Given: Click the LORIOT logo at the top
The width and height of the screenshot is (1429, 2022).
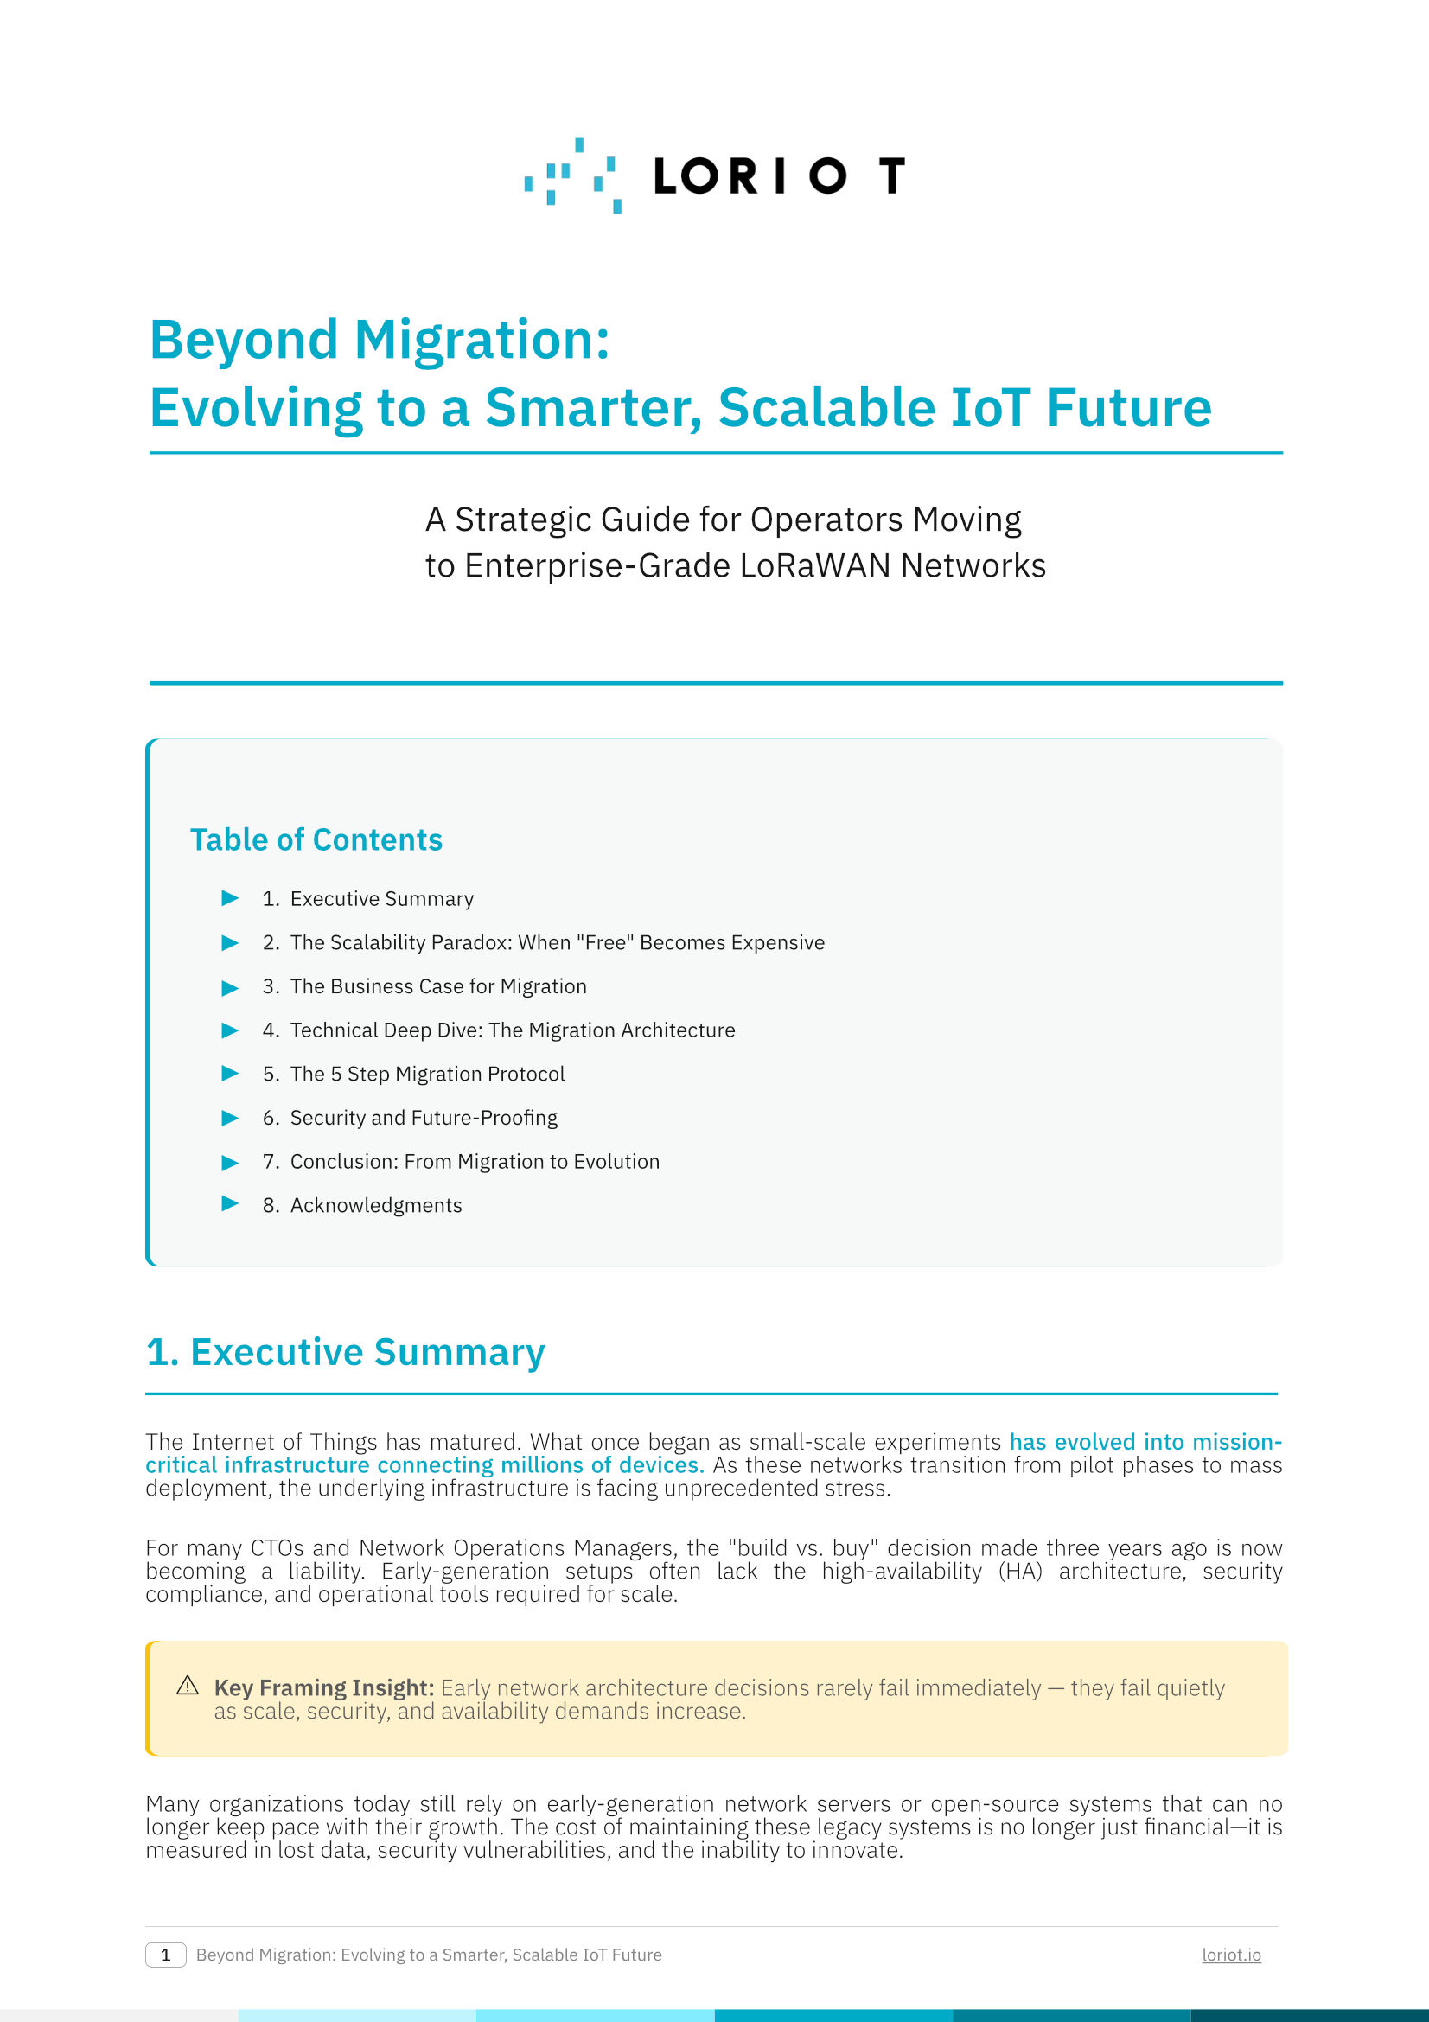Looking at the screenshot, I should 714,175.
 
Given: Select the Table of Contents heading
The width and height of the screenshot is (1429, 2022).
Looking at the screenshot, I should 316,840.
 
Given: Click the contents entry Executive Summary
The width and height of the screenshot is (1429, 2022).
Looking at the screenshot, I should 381,899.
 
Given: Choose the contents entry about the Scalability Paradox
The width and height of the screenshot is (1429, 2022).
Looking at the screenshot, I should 557,943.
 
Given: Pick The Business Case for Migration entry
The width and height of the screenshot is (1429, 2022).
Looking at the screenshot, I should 437,987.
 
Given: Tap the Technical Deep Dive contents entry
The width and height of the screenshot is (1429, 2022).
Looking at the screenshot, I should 512,1030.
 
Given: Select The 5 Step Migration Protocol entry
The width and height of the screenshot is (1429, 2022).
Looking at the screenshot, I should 427,1075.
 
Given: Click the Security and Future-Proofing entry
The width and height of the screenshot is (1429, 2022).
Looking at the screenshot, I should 424,1119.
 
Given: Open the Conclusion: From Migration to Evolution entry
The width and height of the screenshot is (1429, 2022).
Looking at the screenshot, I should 474,1163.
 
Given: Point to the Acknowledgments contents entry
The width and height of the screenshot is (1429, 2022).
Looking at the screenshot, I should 375,1206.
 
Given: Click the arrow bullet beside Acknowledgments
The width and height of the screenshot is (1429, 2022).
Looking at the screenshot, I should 230,1204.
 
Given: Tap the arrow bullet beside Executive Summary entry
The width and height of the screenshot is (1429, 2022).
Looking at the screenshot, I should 230,898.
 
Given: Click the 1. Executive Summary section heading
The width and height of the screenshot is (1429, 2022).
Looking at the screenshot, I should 345,1353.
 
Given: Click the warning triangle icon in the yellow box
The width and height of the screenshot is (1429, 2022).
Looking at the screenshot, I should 188,1686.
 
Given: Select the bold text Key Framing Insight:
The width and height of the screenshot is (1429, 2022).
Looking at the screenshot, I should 324,1688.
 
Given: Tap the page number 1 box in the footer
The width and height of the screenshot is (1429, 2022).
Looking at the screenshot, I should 165,1955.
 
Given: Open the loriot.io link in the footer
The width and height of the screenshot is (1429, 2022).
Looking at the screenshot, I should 1231,1955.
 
